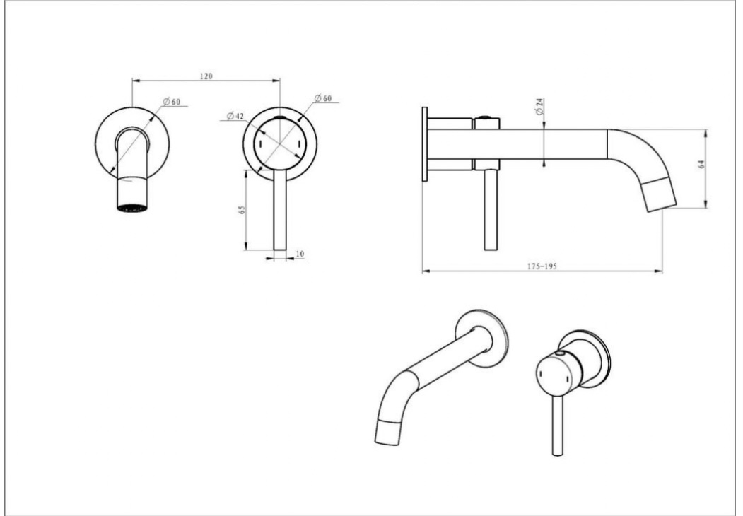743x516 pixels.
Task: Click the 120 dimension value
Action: (206, 76)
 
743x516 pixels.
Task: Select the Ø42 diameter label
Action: (235, 116)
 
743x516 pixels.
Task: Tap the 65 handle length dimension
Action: (242, 209)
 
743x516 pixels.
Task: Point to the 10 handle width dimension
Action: (300, 254)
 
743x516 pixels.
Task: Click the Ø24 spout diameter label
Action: (539, 107)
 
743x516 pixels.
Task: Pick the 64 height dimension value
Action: (702, 164)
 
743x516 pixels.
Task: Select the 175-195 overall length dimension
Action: (542, 266)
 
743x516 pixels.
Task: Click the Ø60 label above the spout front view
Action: (172, 102)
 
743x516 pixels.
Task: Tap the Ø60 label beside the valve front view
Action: (323, 98)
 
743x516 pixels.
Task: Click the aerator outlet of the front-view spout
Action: (131, 208)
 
